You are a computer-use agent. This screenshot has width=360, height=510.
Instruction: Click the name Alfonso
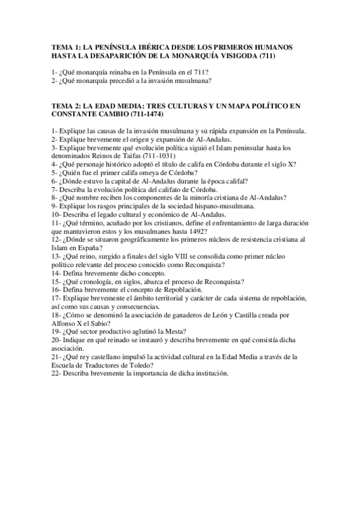[65, 324]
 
